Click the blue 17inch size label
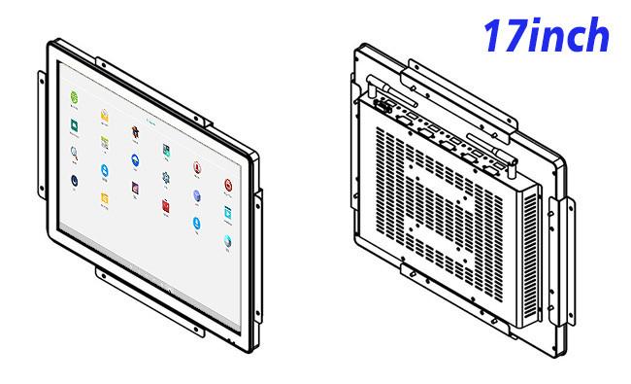[x=546, y=35]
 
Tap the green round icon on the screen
[x=74, y=97]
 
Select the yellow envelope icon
[x=104, y=116]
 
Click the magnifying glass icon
[x=74, y=153]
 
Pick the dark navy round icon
[x=74, y=181]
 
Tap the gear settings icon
[x=166, y=177]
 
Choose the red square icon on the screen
[x=166, y=205]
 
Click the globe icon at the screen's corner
[x=227, y=241]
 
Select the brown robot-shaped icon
[x=135, y=132]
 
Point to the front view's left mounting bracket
[x=42, y=135]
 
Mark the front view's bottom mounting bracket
[x=149, y=301]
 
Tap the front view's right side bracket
[x=258, y=257]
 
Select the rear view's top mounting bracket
[x=463, y=97]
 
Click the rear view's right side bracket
[x=562, y=262]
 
